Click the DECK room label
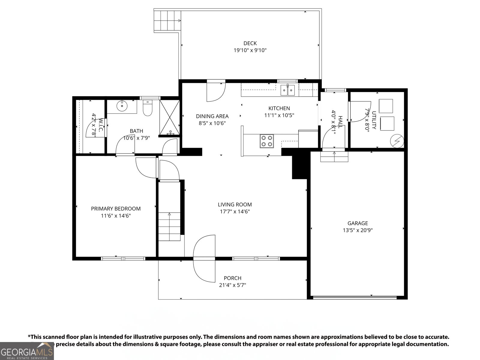pos(250,43)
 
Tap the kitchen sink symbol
pos(287,90)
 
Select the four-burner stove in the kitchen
pos(267,141)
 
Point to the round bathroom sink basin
pos(122,106)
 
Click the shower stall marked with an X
pos(169,117)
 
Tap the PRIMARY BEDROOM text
pos(116,208)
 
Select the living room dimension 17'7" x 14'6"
pos(235,211)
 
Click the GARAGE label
pos(358,223)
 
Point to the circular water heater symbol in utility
pos(397,141)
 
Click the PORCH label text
pos(232,278)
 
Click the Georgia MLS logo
pos(27,351)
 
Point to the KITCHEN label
pos(279,108)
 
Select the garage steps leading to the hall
pos(334,156)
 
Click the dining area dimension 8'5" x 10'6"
pos(212,123)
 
